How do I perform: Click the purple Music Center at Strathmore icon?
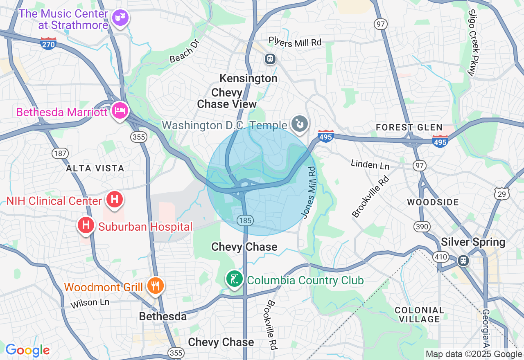(120, 18)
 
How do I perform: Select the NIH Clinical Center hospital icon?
(115, 200)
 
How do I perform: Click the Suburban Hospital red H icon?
(86, 225)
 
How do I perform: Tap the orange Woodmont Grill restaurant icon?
(155, 285)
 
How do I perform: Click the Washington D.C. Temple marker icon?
(300, 123)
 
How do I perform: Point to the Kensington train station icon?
(270, 59)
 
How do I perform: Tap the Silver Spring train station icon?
(463, 260)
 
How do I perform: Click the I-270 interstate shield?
(48, 43)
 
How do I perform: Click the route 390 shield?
(422, 226)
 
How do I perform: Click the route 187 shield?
(60, 153)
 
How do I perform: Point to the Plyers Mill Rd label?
(295, 42)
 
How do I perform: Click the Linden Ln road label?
(370, 164)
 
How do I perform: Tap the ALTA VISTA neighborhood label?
(95, 168)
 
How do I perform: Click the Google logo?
(27, 350)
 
